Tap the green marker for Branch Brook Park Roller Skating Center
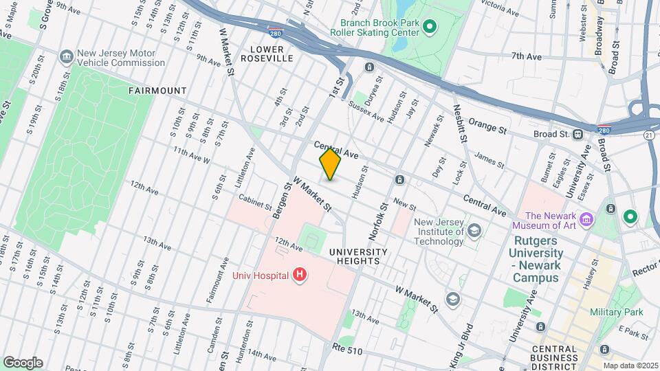430,27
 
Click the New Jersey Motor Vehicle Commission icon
67,56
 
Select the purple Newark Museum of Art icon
586,220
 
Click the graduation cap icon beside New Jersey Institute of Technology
474,232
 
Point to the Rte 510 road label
345,348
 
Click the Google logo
23,362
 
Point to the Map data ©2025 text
629,366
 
